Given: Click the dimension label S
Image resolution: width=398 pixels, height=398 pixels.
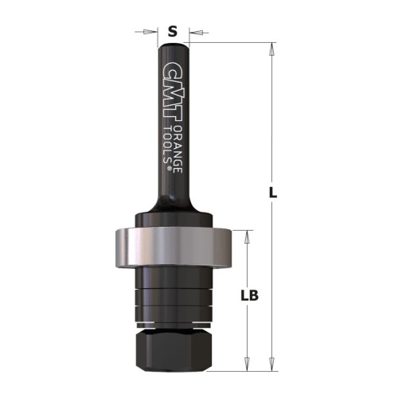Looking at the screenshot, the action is point(173,32).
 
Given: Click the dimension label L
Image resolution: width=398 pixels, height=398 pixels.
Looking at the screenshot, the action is point(273,193).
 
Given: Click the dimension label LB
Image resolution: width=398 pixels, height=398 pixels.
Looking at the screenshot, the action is point(249,295).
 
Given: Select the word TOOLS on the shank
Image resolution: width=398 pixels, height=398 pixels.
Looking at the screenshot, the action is point(167,145).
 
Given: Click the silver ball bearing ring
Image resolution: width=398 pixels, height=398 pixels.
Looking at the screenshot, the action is point(174,247).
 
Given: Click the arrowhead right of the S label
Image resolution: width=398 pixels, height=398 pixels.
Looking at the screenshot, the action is point(197,33).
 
